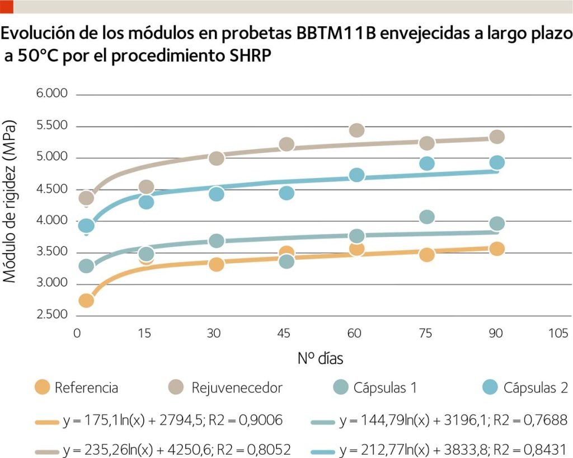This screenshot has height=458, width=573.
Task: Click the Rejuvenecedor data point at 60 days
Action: pyautogui.click(x=356, y=130)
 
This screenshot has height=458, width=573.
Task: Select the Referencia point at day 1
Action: pyautogui.click(x=86, y=301)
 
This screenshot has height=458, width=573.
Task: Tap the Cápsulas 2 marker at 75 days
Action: pyautogui.click(x=427, y=163)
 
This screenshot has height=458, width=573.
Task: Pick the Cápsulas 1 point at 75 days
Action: pyautogui.click(x=427, y=217)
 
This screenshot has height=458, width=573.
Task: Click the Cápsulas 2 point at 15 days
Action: pyautogui.click(x=146, y=202)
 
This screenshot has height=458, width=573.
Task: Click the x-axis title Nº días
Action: pyautogui.click(x=320, y=357)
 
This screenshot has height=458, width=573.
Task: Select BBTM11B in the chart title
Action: pyautogui.click(x=339, y=33)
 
